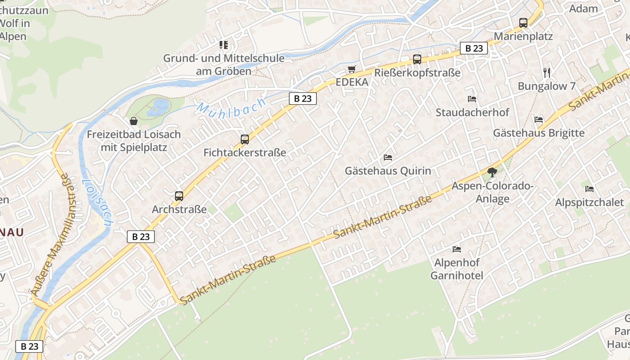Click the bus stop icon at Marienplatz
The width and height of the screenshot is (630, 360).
(523, 22)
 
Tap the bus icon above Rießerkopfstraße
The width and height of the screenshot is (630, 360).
(417, 59)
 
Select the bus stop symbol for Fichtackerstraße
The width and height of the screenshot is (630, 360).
(245, 139)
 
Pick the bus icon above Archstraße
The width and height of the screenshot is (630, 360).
(179, 196)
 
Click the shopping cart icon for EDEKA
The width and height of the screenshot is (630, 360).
(352, 69)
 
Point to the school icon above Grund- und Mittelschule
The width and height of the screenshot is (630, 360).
(224, 45)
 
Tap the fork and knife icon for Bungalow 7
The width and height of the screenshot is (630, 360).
(547, 72)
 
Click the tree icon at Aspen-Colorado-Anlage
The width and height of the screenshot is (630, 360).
(492, 172)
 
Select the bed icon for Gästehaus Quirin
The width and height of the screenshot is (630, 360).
(388, 157)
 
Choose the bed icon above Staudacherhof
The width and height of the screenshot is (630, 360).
(472, 99)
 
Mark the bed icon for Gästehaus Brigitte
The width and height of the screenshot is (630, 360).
(539, 119)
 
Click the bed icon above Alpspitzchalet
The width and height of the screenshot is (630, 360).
(589, 189)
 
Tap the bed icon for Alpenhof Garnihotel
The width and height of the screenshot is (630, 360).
(457, 249)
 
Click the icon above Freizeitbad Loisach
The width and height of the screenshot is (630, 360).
(134, 121)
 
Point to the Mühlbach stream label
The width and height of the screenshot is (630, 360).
(231, 108)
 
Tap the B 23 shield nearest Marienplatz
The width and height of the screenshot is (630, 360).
(474, 48)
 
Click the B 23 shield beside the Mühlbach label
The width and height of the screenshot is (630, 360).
(303, 99)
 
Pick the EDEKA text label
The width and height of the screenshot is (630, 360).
(352, 82)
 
